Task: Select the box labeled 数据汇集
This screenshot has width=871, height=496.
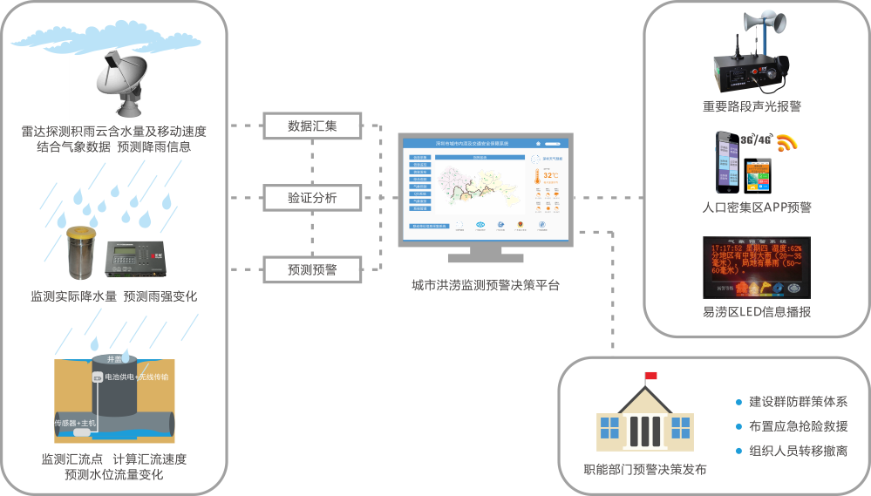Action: [312, 126]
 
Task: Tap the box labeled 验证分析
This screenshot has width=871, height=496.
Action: [312, 198]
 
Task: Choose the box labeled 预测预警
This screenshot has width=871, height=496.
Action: [312, 269]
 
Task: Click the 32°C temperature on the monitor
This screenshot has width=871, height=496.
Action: [550, 175]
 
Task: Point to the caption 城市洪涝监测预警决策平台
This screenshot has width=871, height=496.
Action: [486, 285]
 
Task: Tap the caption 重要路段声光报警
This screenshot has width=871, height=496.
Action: [752, 106]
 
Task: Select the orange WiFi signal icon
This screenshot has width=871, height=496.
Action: [787, 143]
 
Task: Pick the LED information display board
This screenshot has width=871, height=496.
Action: [756, 268]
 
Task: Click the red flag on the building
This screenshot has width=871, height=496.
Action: [650, 376]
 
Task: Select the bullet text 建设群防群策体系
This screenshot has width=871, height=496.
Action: [797, 402]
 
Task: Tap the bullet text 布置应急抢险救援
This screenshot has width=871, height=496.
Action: [797, 426]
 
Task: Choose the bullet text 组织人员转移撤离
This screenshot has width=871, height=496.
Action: [797, 451]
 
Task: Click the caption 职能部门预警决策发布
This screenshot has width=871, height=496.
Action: [644, 470]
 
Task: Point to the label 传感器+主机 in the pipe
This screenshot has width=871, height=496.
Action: [78, 423]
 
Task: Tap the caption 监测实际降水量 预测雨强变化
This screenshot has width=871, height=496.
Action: [114, 296]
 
